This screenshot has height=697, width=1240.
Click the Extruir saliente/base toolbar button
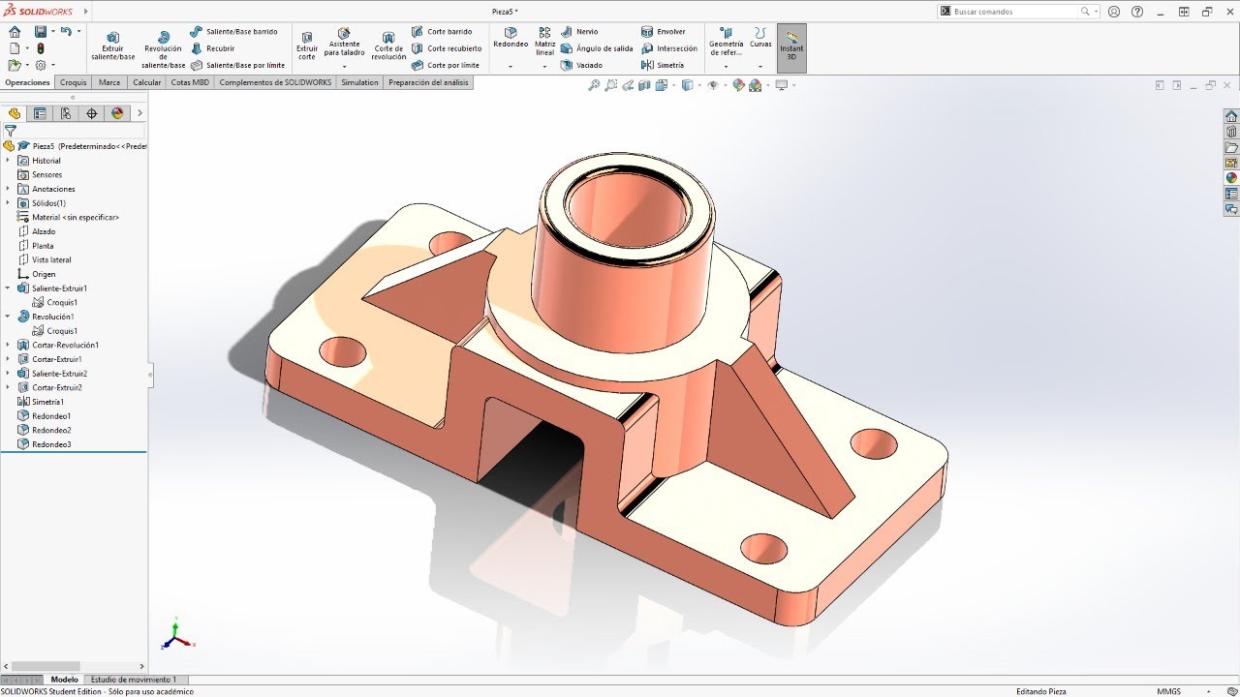[x=112, y=45]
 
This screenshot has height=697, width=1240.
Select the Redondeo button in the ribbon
[x=510, y=38]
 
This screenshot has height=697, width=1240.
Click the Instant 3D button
[x=791, y=45]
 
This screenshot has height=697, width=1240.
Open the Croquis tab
[x=74, y=82]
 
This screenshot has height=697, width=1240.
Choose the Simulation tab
[x=359, y=82]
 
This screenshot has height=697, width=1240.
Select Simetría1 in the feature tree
[x=47, y=402]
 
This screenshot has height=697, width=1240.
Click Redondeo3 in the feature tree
[x=51, y=444]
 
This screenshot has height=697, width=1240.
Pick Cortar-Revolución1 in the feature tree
[x=65, y=345]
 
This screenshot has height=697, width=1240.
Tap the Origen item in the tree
[x=44, y=274]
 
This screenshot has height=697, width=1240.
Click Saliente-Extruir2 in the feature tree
[x=59, y=374]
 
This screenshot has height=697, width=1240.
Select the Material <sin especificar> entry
[x=76, y=217]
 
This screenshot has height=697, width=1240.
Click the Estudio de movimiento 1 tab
[x=134, y=680]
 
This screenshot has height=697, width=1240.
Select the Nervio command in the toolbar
[x=586, y=32]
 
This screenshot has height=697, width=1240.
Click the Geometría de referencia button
[x=726, y=45]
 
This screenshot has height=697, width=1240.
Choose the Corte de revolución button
[x=388, y=45]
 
